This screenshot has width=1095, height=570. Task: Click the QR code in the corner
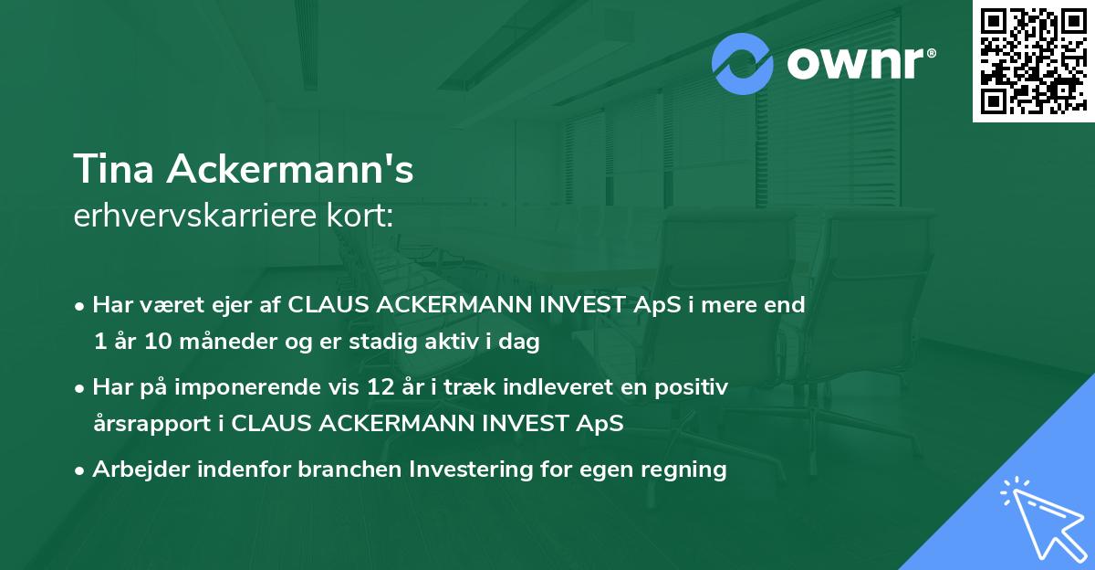pyautogui.click(x=1034, y=61)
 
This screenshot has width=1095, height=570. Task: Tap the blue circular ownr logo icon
pyautogui.click(x=743, y=62)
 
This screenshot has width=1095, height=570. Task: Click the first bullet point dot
pyautogui.click(x=81, y=306)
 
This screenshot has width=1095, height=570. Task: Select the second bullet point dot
pyautogui.click(x=81, y=388)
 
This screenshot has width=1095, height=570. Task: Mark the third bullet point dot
pyautogui.click(x=81, y=470)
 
